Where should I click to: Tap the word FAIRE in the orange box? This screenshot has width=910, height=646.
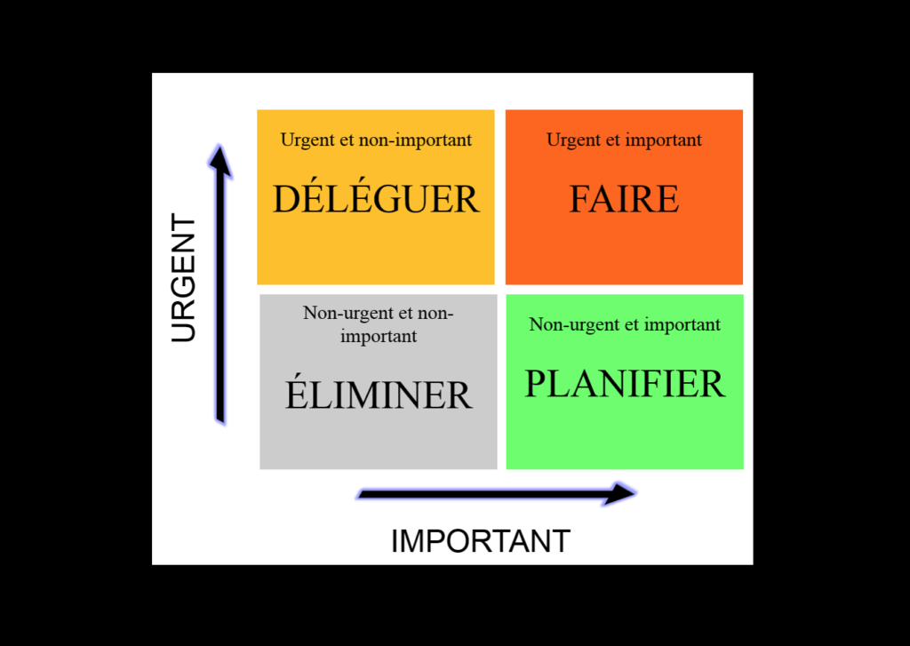point(624,199)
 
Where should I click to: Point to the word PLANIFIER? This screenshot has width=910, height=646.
point(625,384)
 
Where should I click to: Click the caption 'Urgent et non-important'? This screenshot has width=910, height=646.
point(376,140)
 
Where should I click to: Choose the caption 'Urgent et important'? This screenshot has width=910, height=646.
point(624,140)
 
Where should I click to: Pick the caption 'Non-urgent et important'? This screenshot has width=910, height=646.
point(625,325)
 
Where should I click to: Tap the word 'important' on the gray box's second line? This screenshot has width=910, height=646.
point(379,337)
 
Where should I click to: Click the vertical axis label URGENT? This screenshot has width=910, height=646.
point(183,277)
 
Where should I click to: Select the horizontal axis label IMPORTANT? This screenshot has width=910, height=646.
point(481,541)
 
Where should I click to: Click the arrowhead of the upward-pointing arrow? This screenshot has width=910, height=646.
point(220,160)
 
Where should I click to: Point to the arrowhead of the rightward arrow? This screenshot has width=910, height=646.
point(619,493)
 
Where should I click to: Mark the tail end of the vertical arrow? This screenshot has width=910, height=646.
point(220,421)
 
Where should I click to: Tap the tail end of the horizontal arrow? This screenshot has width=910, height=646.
point(360,495)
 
